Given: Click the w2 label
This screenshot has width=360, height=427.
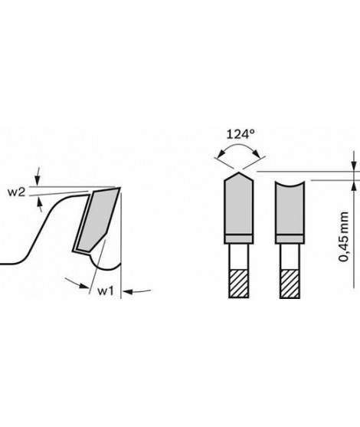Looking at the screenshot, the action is [x=16, y=192].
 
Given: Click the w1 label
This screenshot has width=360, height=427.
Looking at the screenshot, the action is [x=106, y=291].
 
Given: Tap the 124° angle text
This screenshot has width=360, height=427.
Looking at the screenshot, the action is [x=241, y=134].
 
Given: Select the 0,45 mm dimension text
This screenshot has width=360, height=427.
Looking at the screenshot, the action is [x=343, y=236].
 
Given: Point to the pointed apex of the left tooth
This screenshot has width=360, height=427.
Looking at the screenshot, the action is [x=239, y=172].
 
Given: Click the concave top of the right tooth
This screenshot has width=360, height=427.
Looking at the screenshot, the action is [x=290, y=184].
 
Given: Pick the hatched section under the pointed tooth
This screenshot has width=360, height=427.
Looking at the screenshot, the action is [x=239, y=284].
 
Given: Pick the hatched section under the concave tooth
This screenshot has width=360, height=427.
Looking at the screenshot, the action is [x=290, y=284].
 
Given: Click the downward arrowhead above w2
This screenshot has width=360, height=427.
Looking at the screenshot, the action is [x=38, y=182].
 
